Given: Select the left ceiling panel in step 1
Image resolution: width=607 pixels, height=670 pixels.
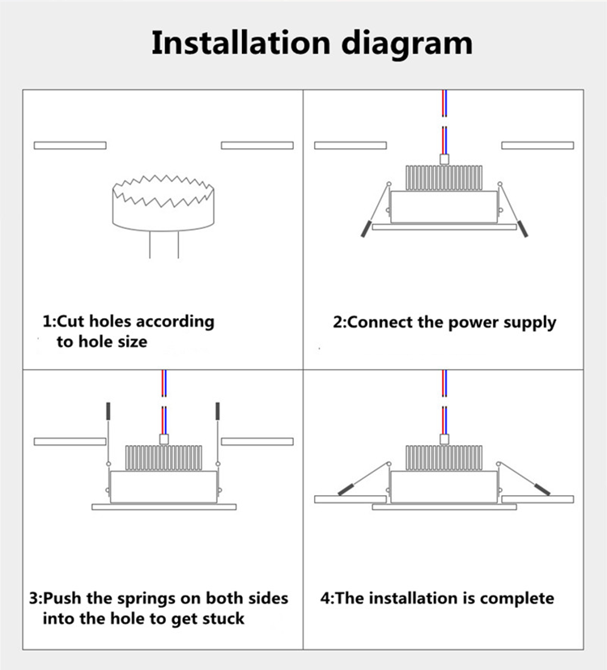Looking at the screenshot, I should [70, 146].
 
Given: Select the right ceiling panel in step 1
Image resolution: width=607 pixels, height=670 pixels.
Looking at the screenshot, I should [257, 146].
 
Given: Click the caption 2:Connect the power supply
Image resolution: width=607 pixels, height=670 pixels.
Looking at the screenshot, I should [444, 322].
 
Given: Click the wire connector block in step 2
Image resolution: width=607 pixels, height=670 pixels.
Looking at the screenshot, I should [444, 159].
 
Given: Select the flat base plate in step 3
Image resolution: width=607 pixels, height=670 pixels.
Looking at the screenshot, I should [163, 507].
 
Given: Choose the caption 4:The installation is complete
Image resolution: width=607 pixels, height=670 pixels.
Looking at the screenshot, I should [437, 599].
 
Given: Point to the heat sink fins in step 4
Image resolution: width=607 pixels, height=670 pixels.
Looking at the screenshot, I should [444, 458].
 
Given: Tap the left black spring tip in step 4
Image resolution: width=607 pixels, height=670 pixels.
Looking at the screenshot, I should [346, 489].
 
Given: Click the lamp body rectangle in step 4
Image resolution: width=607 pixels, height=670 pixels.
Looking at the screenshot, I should [444, 486].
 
